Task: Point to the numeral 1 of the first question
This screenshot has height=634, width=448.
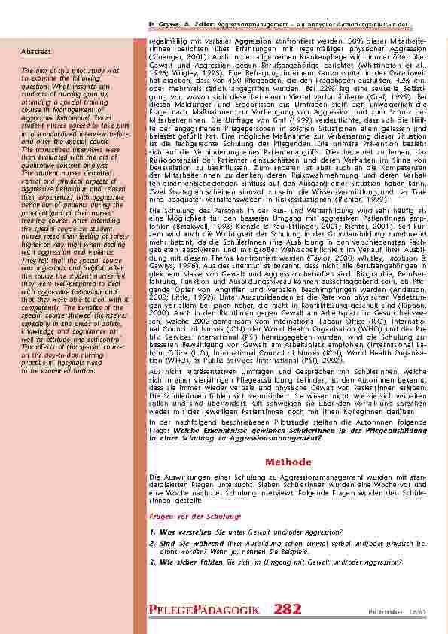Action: click(x=153, y=532)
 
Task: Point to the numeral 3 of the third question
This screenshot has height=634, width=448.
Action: click(x=153, y=561)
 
